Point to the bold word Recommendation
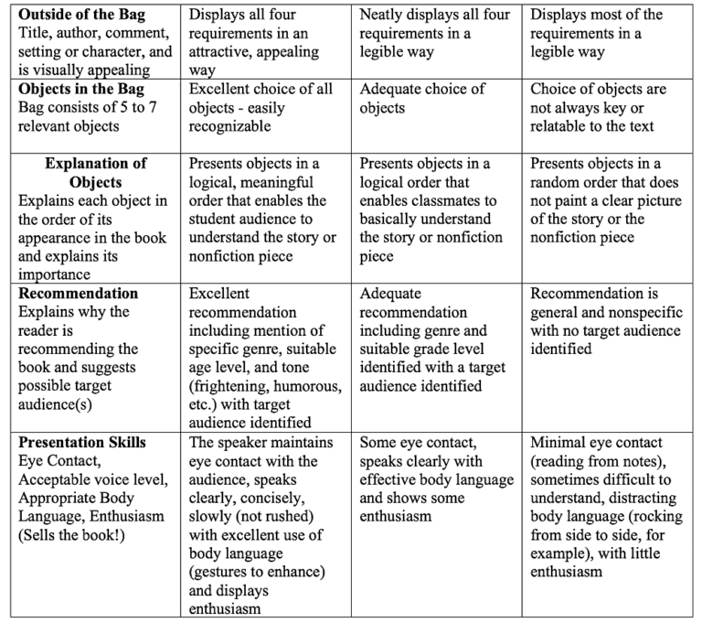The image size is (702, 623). pyautogui.click(x=79, y=294)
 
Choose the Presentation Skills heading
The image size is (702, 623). pyautogui.click(x=81, y=442)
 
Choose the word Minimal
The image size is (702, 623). pyautogui.click(x=558, y=443)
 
